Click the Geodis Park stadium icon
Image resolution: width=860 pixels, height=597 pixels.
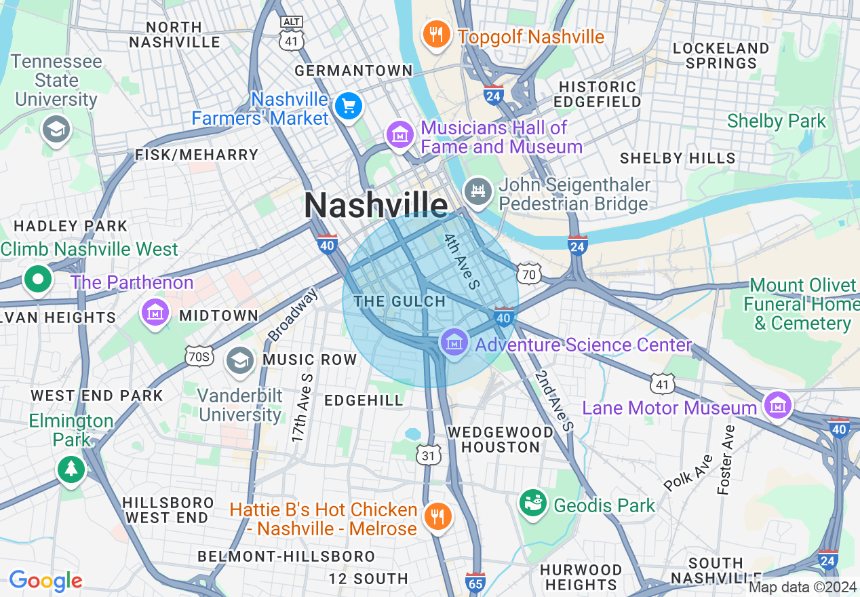point(534,503)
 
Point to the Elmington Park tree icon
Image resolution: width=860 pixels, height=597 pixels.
point(71,467)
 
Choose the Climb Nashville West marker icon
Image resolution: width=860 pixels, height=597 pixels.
point(38,279)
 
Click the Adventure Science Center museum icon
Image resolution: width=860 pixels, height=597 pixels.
point(453,342)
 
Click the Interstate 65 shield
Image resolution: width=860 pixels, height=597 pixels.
point(475,581)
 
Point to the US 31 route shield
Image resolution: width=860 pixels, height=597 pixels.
point(428,455)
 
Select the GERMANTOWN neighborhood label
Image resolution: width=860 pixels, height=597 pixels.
point(353,71)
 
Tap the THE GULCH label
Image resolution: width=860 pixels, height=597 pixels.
point(400,301)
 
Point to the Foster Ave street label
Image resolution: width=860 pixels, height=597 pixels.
point(726,459)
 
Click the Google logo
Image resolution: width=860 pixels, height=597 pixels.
point(45,581)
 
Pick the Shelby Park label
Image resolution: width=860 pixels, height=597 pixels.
point(777,121)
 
